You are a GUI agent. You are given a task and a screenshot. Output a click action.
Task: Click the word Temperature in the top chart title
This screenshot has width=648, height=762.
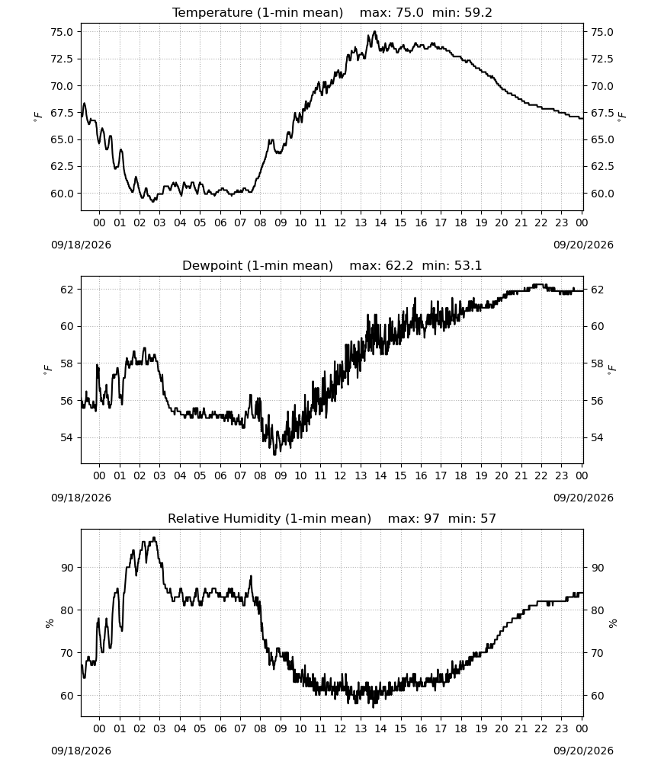pos(212,13)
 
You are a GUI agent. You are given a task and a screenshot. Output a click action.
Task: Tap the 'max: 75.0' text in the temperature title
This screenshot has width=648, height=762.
pos(391,13)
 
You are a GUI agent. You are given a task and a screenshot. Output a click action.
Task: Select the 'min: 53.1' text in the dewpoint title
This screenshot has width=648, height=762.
pos(451,266)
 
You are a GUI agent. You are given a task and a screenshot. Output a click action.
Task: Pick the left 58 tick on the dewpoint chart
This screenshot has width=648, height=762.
pos(66,363)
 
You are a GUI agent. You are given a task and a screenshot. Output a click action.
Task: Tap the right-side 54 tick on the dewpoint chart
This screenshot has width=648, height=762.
pos(597,438)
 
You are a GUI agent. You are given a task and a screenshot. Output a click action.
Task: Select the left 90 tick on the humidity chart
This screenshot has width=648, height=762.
pos(68,568)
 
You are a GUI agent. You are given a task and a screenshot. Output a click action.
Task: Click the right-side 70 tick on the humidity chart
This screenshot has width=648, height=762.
pos(597,653)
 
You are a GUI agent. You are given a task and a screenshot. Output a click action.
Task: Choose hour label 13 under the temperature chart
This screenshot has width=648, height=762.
pos(361,223)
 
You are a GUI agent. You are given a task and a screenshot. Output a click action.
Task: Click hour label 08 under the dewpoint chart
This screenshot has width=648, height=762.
pos(260,475)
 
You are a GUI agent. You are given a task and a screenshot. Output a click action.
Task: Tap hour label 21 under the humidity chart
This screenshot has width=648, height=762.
pos(521,729)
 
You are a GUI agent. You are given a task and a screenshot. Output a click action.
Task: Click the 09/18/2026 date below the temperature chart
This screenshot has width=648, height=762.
pos(81,245)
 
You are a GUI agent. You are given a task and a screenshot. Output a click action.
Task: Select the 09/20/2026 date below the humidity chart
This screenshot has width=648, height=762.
pos(583,751)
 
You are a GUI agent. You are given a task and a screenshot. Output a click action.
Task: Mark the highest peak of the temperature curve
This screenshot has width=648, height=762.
pos(374,31)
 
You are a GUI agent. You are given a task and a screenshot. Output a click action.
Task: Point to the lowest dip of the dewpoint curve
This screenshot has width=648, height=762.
pos(274,454)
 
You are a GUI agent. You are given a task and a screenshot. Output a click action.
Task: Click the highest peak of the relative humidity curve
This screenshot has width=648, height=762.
pos(154,537)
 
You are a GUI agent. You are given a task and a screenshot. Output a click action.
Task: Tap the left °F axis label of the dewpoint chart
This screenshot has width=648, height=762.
pos(47,370)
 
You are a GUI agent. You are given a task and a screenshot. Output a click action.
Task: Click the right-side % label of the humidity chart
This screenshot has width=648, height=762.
pos(613,623)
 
